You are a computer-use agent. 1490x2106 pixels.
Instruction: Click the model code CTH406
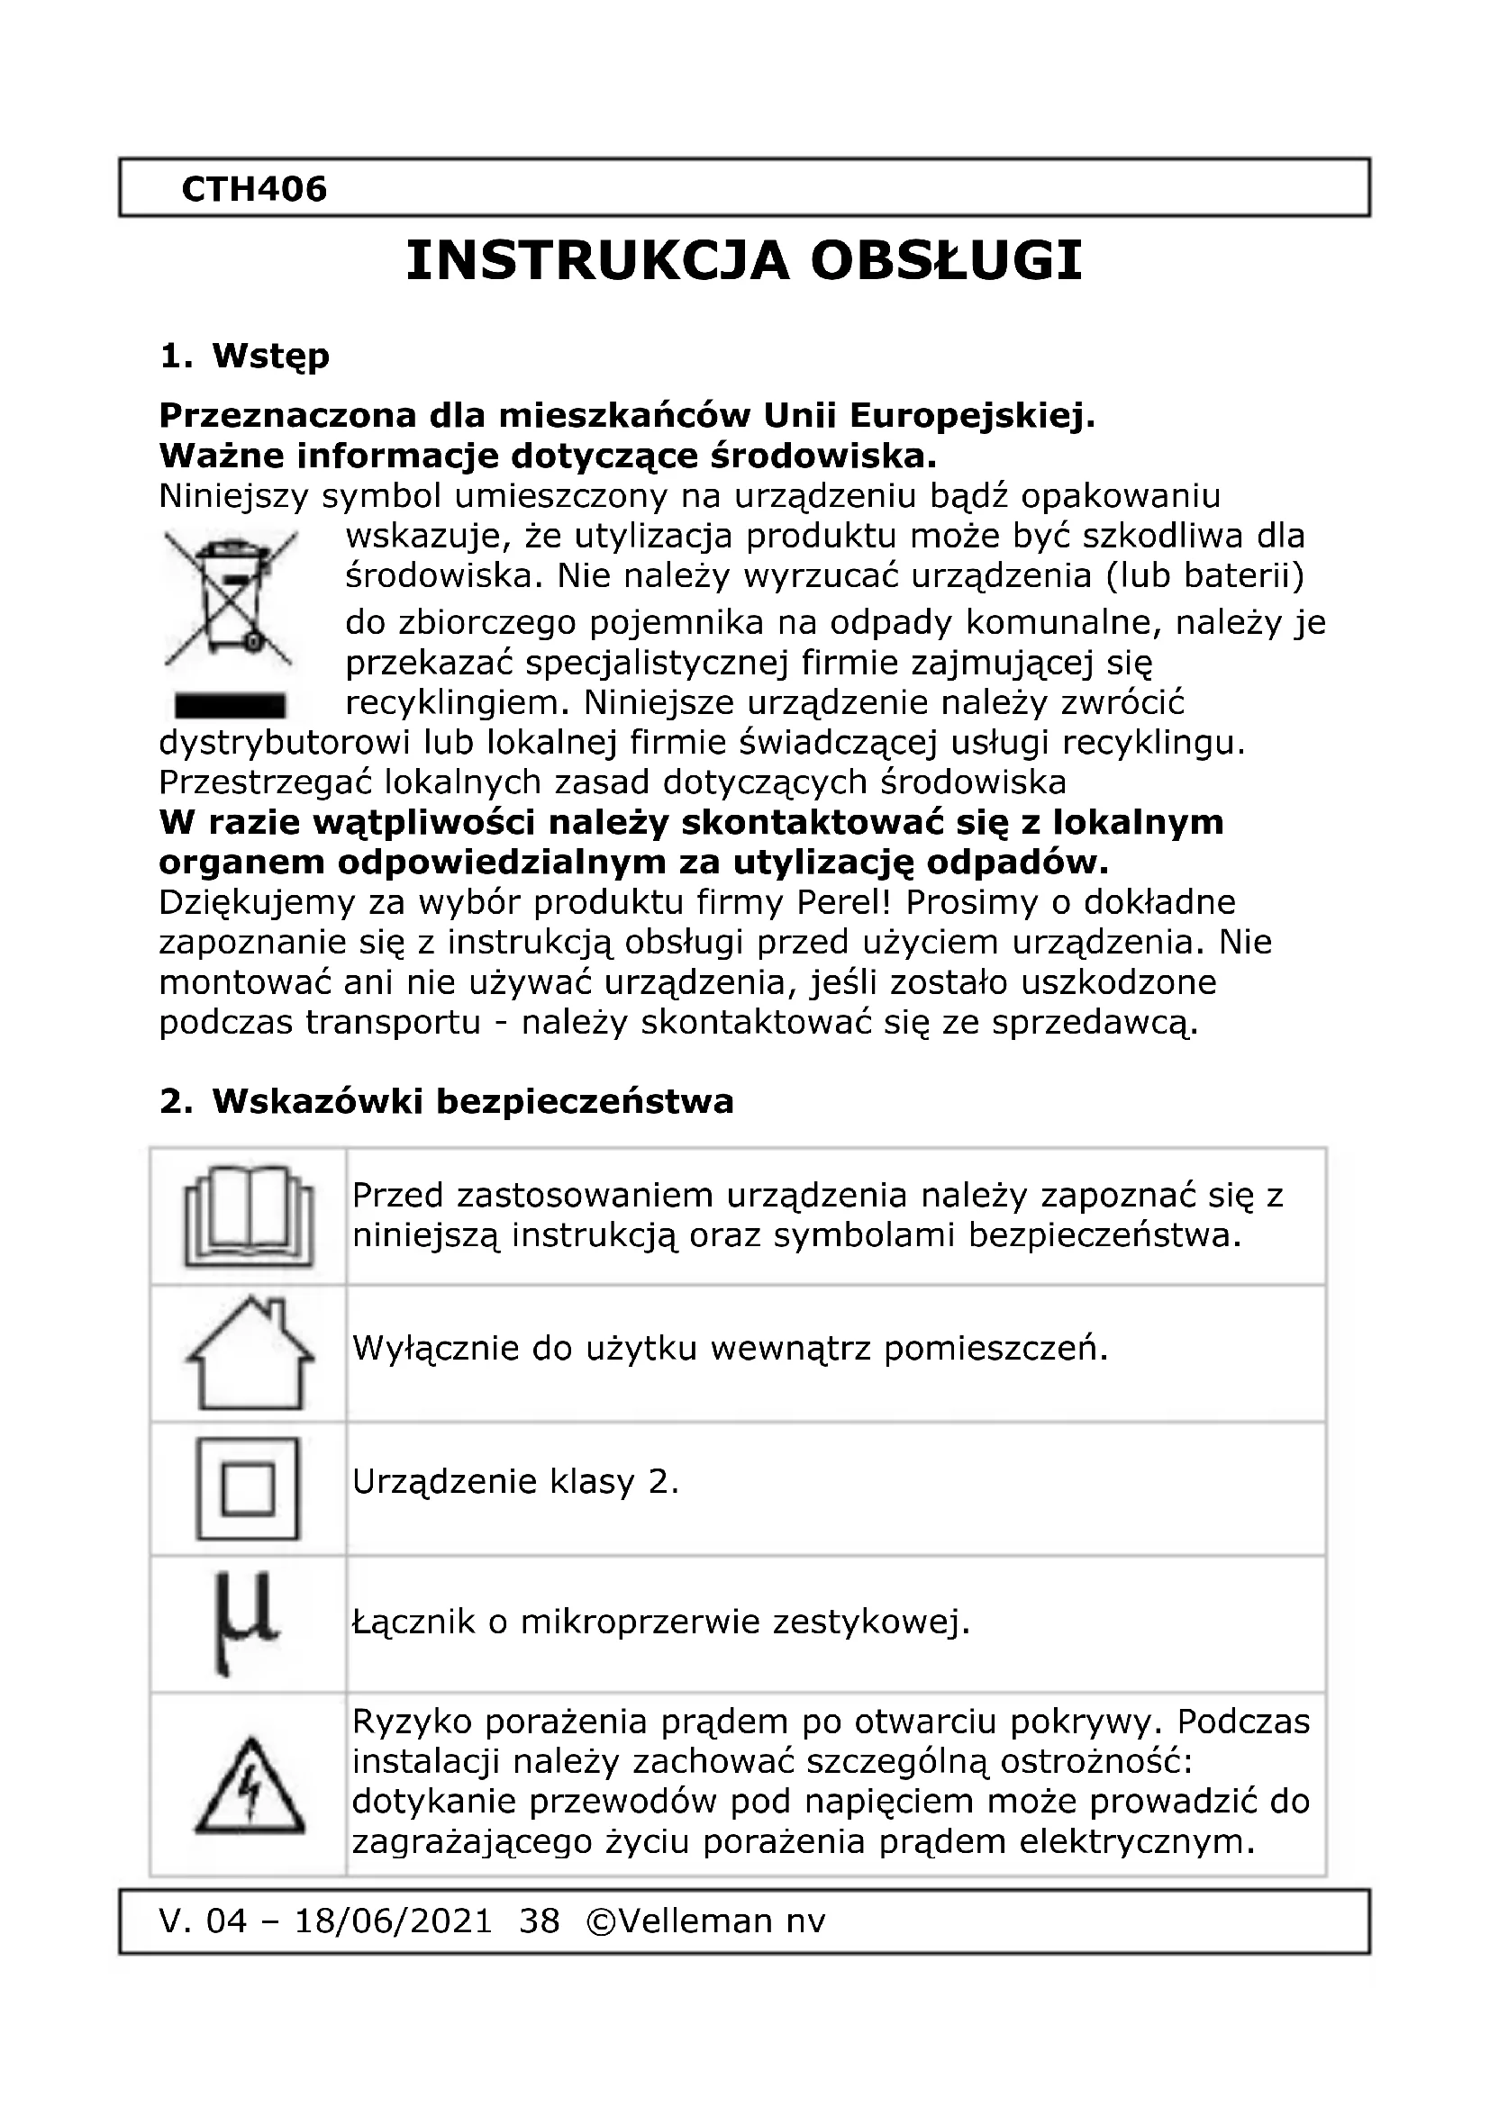254,190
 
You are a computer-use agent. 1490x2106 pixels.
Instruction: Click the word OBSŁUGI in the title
946,261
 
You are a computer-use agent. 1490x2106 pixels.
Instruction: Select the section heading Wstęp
270,356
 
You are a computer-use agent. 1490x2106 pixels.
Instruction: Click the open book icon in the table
249,1216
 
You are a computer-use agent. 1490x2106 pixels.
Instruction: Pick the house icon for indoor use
249,1354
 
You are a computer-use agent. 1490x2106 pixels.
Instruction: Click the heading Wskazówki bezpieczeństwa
473,1101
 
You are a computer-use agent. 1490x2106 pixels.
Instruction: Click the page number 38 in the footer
540,1921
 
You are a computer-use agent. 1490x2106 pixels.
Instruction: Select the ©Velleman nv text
705,1921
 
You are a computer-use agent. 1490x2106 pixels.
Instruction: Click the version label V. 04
203,1921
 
